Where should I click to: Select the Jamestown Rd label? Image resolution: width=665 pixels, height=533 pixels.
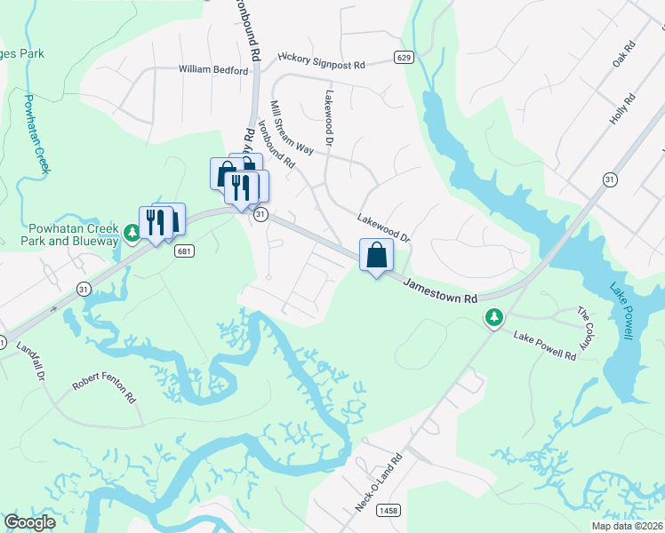pyautogui.click(x=440, y=290)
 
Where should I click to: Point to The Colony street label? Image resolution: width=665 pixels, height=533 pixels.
pyautogui.click(x=584, y=328)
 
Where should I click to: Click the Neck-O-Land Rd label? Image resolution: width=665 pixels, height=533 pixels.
pyautogui.click(x=380, y=481)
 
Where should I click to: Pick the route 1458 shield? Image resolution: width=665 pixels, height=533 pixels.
pyautogui.click(x=388, y=510)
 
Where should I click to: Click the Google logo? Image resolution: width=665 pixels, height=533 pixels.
pyautogui.click(x=29, y=522)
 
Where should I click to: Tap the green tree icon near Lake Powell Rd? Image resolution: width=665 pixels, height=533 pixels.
pyautogui.click(x=493, y=317)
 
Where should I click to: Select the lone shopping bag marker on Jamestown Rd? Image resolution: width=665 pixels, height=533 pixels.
pyautogui.click(x=377, y=256)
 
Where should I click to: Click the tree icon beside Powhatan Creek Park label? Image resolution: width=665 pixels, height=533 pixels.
pyautogui.click(x=132, y=233)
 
